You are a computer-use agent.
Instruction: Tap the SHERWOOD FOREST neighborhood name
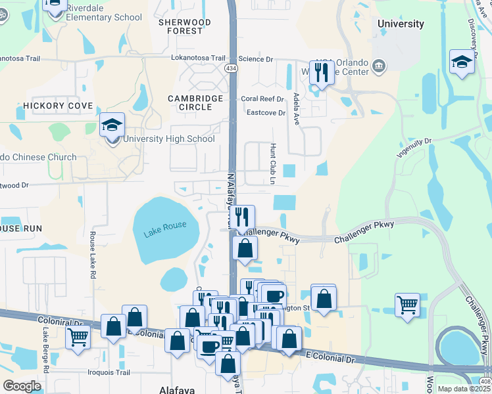180,26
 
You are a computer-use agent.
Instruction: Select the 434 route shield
231,68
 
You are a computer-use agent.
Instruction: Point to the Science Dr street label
255,59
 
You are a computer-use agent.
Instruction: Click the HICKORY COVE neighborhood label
59,106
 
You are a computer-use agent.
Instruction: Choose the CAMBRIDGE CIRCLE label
195,102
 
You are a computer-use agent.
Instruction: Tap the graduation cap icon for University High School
112,124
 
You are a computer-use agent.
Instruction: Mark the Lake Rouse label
165,226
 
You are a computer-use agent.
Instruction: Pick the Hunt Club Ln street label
272,164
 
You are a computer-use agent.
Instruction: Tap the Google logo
22,386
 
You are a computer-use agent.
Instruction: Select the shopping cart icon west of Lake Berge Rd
78,338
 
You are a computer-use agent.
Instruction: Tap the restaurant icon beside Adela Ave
322,72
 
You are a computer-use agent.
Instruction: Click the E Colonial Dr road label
331,359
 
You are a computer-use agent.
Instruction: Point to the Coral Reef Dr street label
262,99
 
